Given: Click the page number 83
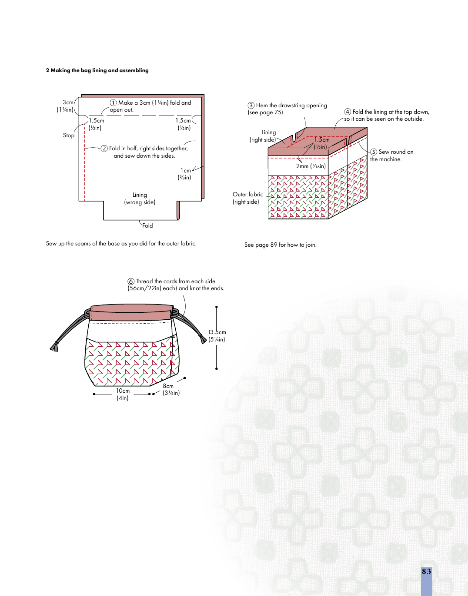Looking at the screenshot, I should tap(426, 572).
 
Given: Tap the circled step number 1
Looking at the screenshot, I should tap(113, 103).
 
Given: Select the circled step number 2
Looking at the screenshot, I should tap(104, 149).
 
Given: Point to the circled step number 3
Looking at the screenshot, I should tap(251, 106).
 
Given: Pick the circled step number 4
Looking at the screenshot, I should tap(348, 112).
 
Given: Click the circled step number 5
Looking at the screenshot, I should tap(374, 152).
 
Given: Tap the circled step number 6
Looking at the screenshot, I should tap(131, 281).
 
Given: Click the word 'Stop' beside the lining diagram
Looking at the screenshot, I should tap(69, 136).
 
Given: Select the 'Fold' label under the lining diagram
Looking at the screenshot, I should tap(147, 226).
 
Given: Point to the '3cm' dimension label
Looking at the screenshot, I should tap(68, 103).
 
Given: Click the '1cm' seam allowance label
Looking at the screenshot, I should tap(186, 171).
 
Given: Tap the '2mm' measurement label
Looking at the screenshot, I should tap(302, 166).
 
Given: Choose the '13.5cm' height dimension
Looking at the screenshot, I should tap(217, 332).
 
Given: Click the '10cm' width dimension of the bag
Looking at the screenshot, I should tap(123, 391).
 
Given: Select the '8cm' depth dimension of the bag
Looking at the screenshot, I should tap(168, 386).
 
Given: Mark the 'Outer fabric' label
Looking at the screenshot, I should tap(248, 195).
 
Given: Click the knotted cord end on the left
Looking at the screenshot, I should tap(55, 346).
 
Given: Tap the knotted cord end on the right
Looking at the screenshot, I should tap(204, 339).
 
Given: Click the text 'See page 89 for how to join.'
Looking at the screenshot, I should tap(281, 245).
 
